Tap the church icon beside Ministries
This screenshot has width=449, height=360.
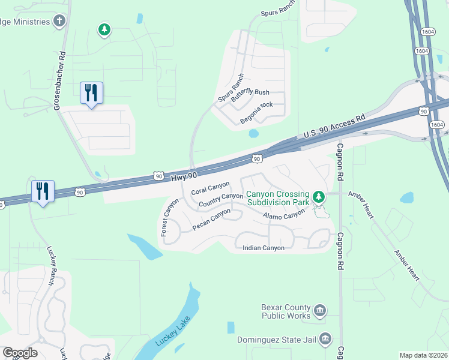pyautogui.click(x=59, y=22)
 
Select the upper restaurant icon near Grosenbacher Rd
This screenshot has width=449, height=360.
pyautogui.click(x=91, y=94)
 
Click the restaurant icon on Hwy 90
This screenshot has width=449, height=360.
pyautogui.click(x=43, y=192)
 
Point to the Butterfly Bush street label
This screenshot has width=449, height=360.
pyautogui.click(x=251, y=93)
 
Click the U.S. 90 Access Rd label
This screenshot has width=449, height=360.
pyautogui.click(x=334, y=127)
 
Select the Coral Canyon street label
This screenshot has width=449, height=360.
pyautogui.click(x=210, y=188)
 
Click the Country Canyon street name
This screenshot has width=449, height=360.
pyautogui.click(x=220, y=200)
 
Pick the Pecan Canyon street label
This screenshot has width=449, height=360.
pyautogui.click(x=211, y=219)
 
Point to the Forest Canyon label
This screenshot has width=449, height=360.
pyautogui.click(x=169, y=218)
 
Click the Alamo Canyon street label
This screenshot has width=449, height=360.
pyautogui.click(x=283, y=215)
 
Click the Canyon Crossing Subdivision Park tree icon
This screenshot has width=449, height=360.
pyautogui.click(x=319, y=196)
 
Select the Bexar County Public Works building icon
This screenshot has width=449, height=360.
pyautogui.click(x=320, y=310)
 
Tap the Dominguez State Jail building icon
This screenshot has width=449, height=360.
pyautogui.click(x=325, y=339)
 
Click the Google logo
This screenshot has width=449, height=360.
pyautogui.click(x=20, y=353)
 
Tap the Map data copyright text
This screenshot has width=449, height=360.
pyautogui.click(x=423, y=355)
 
